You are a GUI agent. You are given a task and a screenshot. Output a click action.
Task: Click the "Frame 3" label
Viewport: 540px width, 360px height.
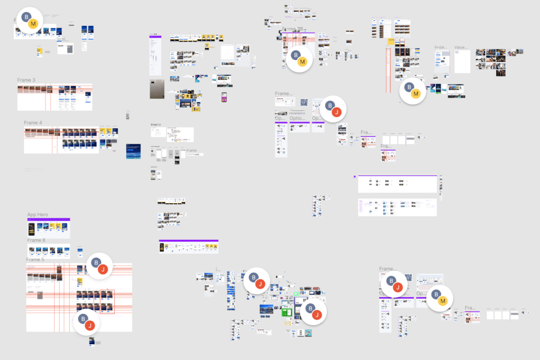click(x=26, y=80)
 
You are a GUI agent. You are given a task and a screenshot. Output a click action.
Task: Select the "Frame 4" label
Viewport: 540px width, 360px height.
click(x=33, y=123)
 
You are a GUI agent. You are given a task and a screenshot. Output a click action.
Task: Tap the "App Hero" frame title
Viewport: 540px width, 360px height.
click(x=38, y=215)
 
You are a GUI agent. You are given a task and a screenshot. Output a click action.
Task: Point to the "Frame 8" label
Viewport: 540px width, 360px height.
click(x=36, y=240)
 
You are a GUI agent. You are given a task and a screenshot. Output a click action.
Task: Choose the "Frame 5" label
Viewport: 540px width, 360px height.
click(x=35, y=259)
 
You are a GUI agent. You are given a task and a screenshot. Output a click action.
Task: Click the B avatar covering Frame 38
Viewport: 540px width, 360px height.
click(x=295, y=55)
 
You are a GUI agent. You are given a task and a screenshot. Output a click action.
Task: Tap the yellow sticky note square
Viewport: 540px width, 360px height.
click(x=390, y=41)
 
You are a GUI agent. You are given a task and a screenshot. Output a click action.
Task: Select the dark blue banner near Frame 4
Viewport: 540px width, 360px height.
click(x=134, y=151)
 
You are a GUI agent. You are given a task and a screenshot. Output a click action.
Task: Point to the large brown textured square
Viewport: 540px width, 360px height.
click(x=157, y=89)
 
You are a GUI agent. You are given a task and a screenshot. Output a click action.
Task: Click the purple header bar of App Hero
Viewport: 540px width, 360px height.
click(x=48, y=219)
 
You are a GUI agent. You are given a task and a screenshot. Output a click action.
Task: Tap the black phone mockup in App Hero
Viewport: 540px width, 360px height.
click(x=31, y=229)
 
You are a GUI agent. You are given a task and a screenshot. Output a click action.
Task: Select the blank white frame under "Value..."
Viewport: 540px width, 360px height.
click(x=462, y=61)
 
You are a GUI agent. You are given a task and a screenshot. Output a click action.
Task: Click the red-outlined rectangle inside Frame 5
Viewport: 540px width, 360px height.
click(x=107, y=301)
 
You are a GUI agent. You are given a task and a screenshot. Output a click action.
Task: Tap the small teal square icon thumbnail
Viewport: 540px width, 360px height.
click(x=308, y=333)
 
